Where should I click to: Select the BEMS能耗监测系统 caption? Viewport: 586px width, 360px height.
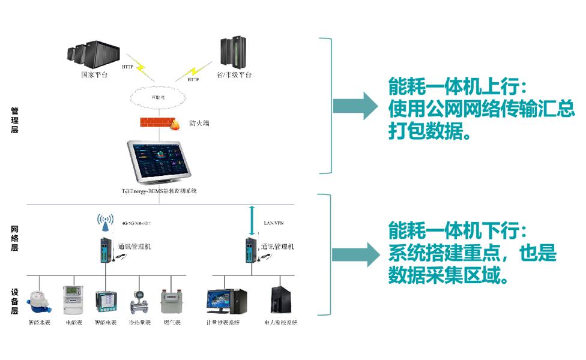click(x=159, y=191)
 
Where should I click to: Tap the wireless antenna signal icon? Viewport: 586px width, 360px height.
click(x=106, y=222)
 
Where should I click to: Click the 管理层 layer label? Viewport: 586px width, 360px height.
click(x=14, y=119)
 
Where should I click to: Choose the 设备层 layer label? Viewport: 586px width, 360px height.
click(x=14, y=301)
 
